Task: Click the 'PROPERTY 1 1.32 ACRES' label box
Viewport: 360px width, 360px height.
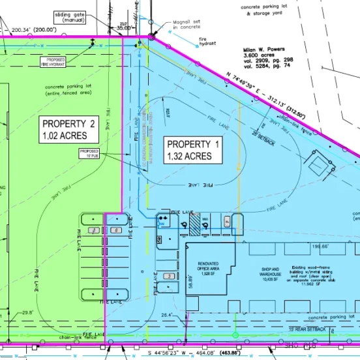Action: [x=195, y=150]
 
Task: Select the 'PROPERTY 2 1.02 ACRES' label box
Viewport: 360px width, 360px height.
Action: [x=69, y=130]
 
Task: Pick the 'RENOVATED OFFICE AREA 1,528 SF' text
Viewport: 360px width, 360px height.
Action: [x=209, y=267]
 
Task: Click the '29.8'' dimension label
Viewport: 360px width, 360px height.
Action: [x=27, y=312]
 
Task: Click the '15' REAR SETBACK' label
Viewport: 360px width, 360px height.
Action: [x=307, y=329]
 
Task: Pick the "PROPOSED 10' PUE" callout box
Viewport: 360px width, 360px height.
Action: [x=89, y=153]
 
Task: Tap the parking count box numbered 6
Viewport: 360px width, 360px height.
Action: [x=115, y=231]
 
